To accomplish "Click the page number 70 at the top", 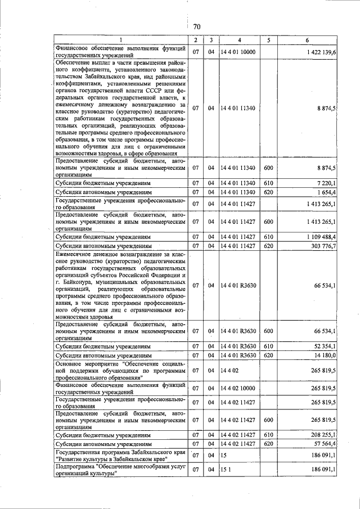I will [x=197, y=26].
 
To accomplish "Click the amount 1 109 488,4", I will [x=321, y=237].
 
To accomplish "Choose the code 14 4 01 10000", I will [x=238, y=52].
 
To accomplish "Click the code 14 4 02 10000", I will [x=238, y=389].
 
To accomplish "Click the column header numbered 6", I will [x=307, y=40].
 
